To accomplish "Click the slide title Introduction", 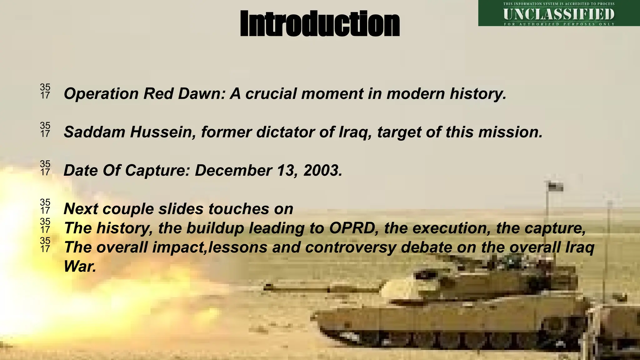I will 320,23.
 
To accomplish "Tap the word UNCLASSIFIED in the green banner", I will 559,14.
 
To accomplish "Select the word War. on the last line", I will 80,267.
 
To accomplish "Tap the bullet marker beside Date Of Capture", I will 45,168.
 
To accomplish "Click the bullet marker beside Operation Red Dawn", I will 45,91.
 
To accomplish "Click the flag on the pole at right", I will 556,187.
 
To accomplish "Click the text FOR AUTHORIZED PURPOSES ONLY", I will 559,24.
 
